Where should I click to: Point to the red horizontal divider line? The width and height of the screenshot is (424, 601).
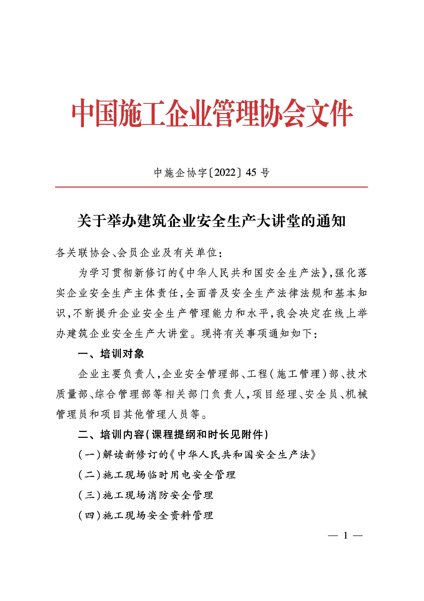click(x=211, y=187)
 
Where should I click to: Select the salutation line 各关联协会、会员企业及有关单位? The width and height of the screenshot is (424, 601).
click(x=139, y=253)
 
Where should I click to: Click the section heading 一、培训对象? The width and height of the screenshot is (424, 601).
click(x=111, y=354)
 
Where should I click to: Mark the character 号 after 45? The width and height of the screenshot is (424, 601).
click(x=265, y=172)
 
